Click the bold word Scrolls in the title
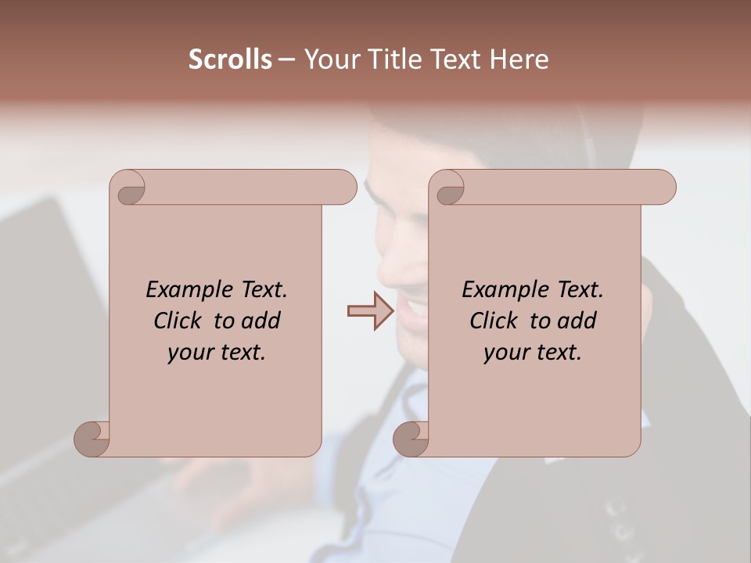[x=231, y=59]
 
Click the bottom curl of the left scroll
[x=91, y=439]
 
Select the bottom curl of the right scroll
[x=410, y=439]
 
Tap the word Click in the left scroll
[x=171, y=321]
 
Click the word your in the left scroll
[x=188, y=353]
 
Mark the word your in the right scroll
[x=504, y=353]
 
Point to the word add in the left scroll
[x=261, y=321]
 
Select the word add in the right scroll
[x=577, y=321]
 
